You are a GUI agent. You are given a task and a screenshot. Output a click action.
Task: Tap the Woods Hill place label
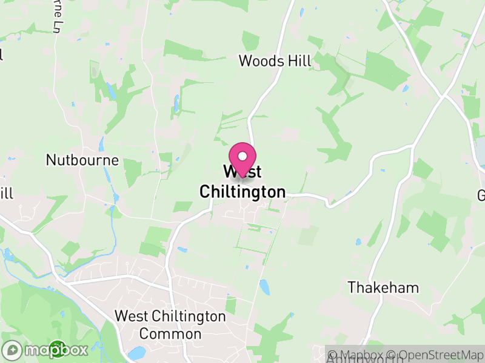pyautogui.click(x=275, y=60)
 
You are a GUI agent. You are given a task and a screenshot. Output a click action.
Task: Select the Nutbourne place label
pyautogui.click(x=82, y=160)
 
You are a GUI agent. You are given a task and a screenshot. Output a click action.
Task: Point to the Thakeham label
pyautogui.click(x=383, y=287)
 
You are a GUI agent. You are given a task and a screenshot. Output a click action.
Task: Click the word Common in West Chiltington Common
pyautogui.click(x=170, y=333)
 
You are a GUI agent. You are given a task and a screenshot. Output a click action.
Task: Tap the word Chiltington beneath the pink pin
pyautogui.click(x=242, y=192)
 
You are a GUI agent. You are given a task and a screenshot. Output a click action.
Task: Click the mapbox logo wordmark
pyautogui.click(x=61, y=350)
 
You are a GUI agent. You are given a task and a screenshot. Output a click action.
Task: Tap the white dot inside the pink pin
pyautogui.click(x=242, y=156)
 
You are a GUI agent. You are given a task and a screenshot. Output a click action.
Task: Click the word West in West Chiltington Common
pyautogui.click(x=130, y=316)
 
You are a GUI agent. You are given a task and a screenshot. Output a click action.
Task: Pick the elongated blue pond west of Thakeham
pyautogui.click(x=265, y=287)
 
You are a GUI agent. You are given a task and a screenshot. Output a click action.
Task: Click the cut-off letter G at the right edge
pyautogui.click(x=481, y=195)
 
